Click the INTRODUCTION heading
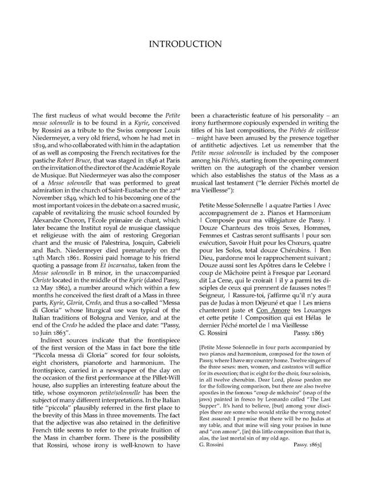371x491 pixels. point(185,44)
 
